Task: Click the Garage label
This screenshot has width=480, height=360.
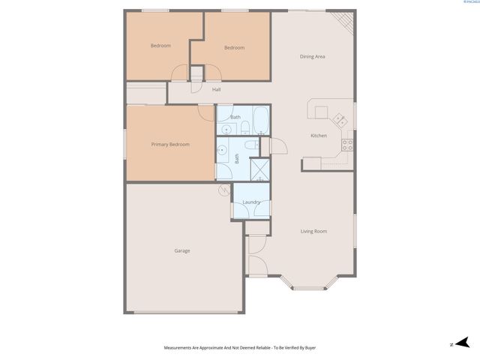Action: tap(182, 250)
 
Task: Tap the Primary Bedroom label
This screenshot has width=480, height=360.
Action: tap(170, 144)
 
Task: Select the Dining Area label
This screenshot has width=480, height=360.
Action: tap(312, 56)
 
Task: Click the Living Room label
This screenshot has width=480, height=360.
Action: tap(313, 231)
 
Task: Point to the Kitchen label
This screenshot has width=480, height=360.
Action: tap(319, 136)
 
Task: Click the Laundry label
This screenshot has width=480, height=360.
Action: tap(251, 202)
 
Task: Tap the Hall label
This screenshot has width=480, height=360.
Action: tap(216, 90)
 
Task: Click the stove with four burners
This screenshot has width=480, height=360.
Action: tap(347, 143)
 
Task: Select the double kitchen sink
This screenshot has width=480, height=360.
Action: tap(339, 118)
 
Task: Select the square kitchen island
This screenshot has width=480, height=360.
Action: tap(322, 112)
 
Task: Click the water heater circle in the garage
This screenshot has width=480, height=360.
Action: tap(223, 190)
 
